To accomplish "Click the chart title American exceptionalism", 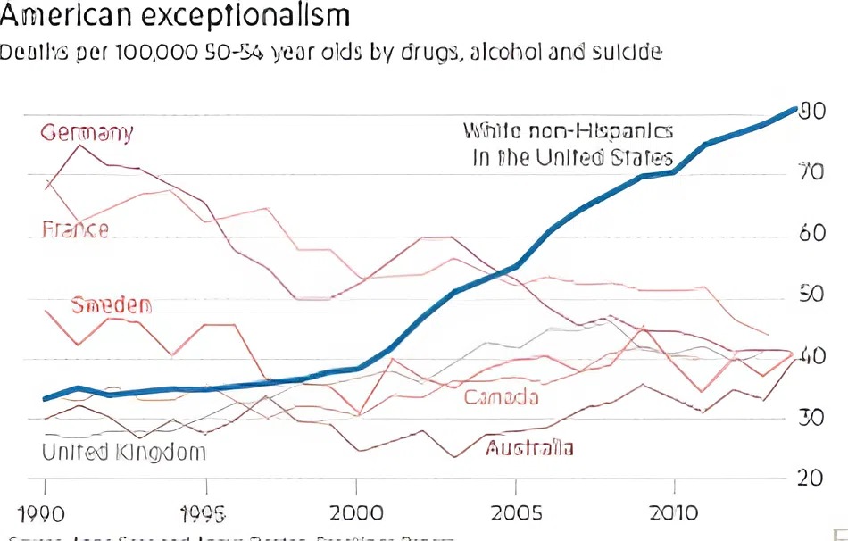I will click(175, 15).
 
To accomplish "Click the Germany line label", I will click(87, 133).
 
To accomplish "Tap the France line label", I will click(76, 229).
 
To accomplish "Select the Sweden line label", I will click(111, 305).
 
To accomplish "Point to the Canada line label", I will click(501, 396).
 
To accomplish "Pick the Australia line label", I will click(529, 448).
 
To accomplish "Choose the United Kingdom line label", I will click(124, 452).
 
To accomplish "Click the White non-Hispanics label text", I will click(568, 132).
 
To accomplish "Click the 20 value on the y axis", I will click(810, 478).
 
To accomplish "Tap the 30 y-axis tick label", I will click(810, 417).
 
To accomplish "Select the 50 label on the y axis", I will click(810, 295).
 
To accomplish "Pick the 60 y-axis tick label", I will click(810, 234).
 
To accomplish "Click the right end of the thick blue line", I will click(794, 110).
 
